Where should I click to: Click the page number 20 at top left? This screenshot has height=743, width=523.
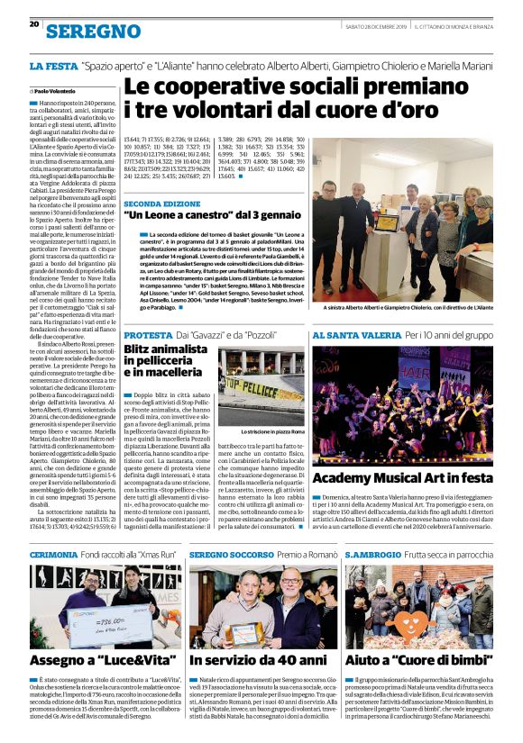pos(34,23)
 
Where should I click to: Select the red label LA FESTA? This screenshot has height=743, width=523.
pos(51,67)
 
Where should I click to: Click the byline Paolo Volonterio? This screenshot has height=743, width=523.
pos(57,91)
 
